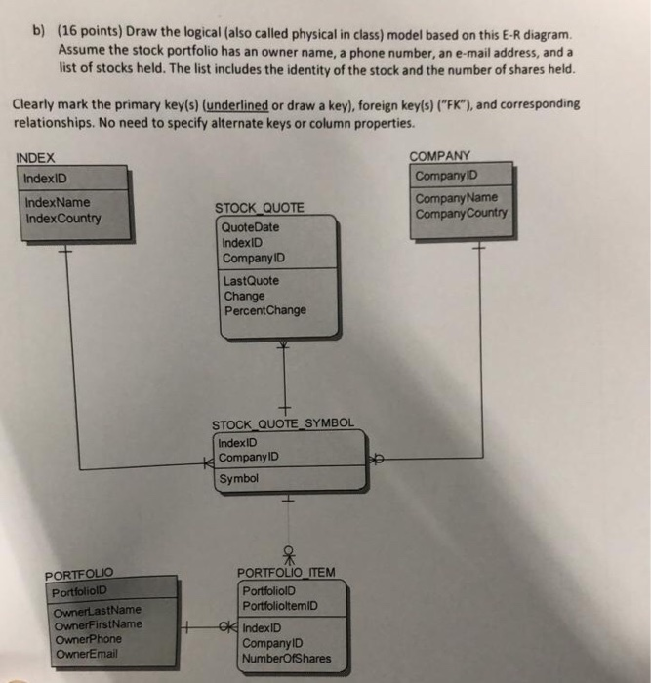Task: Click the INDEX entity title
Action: (36, 158)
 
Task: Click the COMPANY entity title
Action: (439, 156)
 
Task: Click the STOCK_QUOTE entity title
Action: (258, 208)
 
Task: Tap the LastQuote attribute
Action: (251, 281)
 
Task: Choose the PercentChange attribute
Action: (264, 311)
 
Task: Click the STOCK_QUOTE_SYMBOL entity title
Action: (284, 423)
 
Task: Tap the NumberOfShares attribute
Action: (286, 659)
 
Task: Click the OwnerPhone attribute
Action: (89, 639)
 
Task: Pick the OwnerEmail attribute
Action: (87, 654)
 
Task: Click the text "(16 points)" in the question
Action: (94, 32)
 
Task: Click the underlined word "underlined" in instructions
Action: (234, 103)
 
